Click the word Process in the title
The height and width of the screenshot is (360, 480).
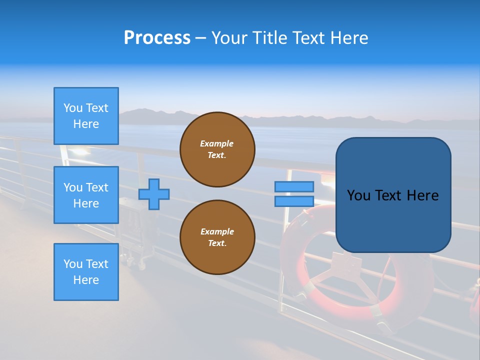[x=157, y=38]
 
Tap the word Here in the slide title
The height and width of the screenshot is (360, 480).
[x=348, y=38]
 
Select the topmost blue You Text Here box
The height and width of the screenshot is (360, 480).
[x=86, y=116]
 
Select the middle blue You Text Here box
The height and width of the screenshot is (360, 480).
[x=86, y=195]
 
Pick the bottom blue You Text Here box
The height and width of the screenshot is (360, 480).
[x=86, y=272]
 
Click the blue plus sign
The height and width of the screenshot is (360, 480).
[x=154, y=194]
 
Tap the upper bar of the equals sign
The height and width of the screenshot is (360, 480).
[x=294, y=186]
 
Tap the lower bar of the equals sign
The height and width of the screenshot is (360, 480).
[x=294, y=201]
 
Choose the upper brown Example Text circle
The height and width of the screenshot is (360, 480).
[x=217, y=149]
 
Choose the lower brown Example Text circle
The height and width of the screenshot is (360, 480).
[x=217, y=237]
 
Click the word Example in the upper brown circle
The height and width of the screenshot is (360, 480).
[x=217, y=143]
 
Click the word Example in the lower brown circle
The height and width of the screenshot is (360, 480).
[x=217, y=231]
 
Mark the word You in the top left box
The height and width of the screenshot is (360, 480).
[x=73, y=108]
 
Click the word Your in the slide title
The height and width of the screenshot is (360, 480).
[x=228, y=38]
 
